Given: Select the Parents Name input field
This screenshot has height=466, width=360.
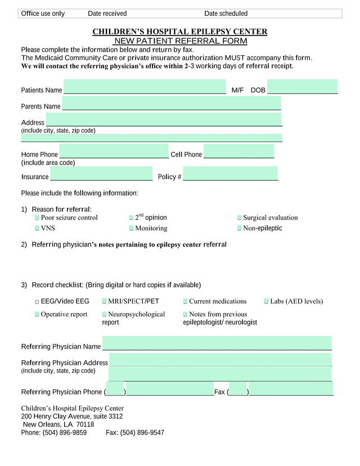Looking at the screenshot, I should click(171, 103).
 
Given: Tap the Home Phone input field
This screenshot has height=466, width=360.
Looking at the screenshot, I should click(114, 152).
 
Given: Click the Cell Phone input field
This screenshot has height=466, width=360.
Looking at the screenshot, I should click(238, 152).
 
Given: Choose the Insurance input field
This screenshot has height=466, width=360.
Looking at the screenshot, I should click(101, 174).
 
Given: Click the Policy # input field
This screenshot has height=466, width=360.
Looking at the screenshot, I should click(230, 174).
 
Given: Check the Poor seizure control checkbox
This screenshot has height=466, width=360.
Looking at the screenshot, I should click(37, 218).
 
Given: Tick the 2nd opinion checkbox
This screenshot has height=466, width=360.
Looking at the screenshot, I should click(131, 218).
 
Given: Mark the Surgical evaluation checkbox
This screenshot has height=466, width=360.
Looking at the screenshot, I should click(239, 218).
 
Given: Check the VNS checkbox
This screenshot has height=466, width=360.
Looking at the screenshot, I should click(37, 228).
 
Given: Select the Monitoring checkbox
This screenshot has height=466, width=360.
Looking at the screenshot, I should click(131, 228).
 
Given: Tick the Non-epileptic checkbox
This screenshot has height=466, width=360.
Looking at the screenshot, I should click(239, 228).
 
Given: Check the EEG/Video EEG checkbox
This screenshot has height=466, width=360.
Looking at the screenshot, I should click(37, 302).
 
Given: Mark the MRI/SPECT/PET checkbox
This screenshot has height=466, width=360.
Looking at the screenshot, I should click(104, 302).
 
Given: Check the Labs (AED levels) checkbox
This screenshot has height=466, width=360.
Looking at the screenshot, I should click(266, 302).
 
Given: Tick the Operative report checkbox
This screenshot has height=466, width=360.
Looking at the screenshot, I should click(37, 315).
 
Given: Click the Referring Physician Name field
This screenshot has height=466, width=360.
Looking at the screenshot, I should click(217, 343).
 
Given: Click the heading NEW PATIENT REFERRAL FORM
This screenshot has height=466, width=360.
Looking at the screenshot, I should click(180, 41).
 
